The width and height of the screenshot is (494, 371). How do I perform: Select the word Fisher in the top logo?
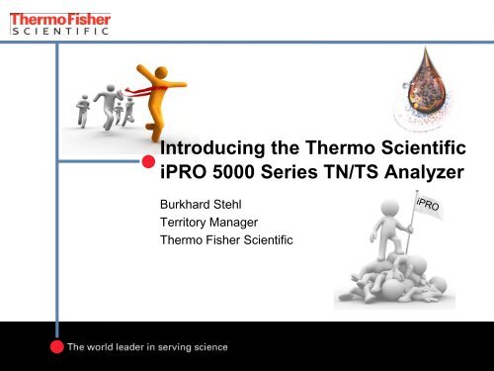coord(86,17)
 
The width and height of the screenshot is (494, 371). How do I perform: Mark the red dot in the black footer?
coord(58,346)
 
